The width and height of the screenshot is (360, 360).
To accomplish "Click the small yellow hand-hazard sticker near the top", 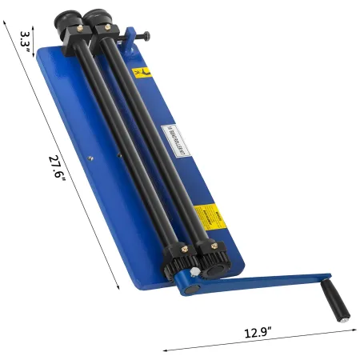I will [142, 74].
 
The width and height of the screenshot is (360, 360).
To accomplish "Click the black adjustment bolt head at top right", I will [149, 35].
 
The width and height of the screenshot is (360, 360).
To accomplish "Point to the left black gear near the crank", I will [178, 263].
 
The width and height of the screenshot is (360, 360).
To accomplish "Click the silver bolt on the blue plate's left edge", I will [92, 158].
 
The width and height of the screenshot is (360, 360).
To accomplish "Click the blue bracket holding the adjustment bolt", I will [128, 36].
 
